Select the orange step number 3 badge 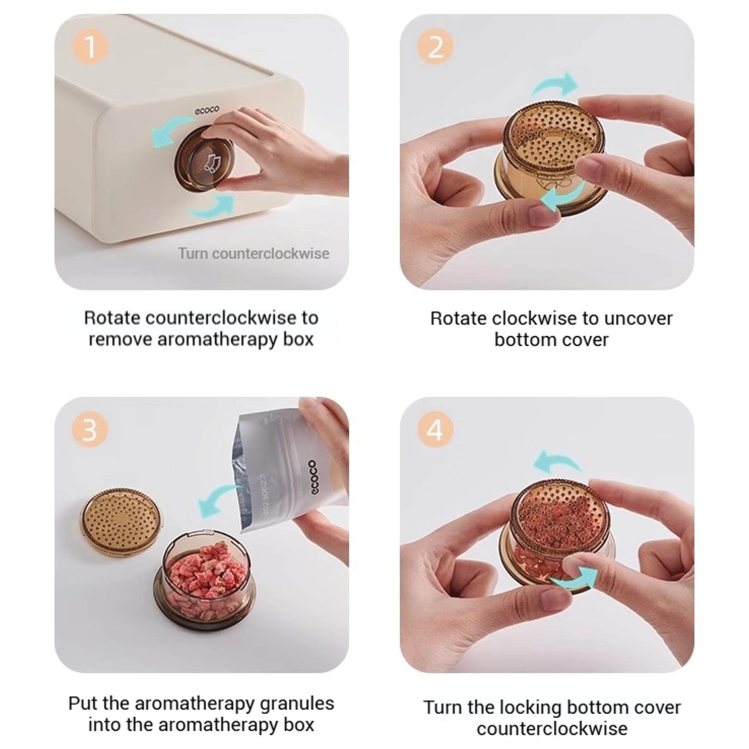click(90, 431)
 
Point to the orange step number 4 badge click(435, 431)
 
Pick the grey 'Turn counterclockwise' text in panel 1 click(254, 253)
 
